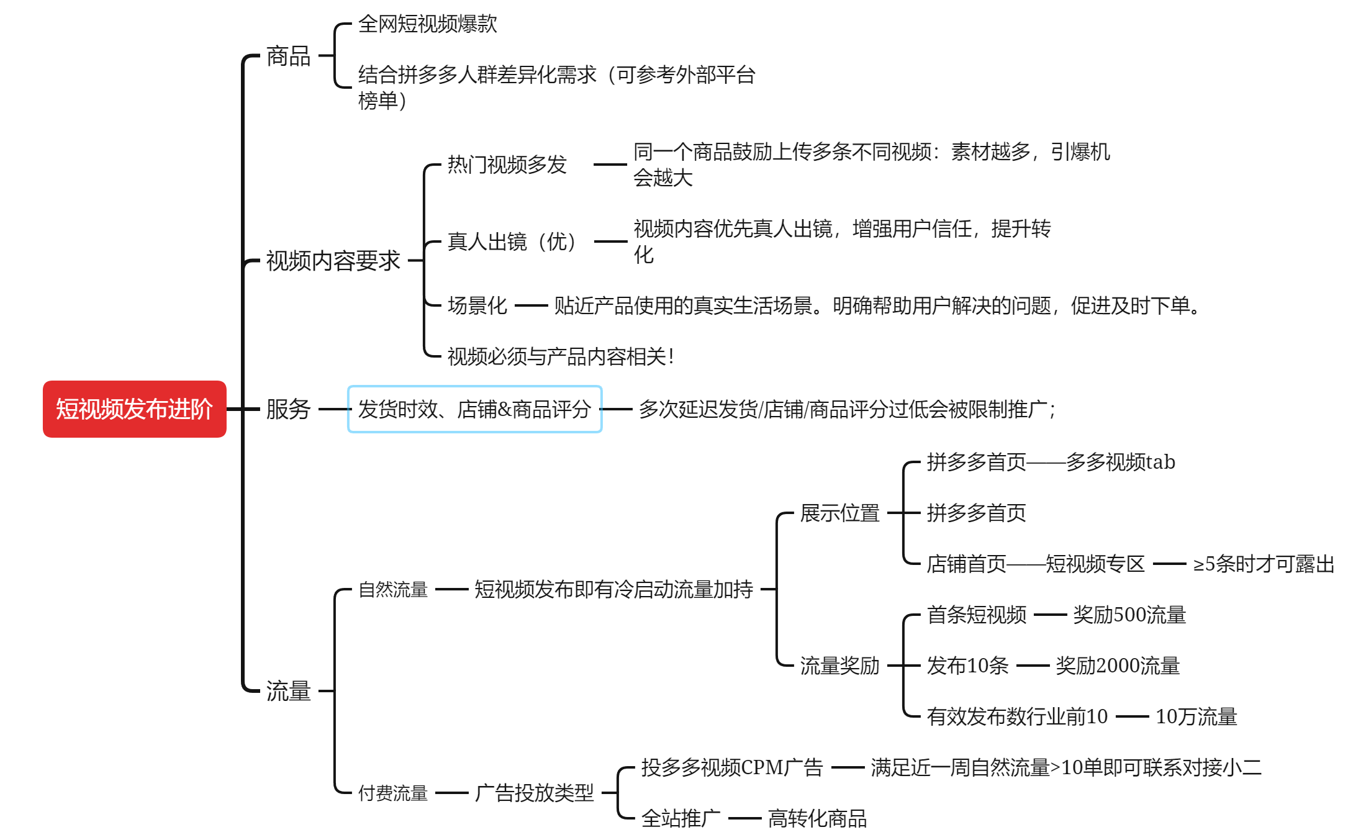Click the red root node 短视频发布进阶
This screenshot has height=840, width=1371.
135,409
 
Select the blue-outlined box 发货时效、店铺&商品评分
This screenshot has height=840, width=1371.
475,409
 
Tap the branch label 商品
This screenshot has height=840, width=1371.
288,56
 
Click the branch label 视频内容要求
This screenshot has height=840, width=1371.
333,261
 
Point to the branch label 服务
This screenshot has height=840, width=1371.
288,409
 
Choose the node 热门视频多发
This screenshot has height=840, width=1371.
507,165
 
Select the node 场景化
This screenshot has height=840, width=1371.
477,305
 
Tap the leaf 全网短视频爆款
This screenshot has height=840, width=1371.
428,24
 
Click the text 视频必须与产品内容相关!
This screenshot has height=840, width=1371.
561,356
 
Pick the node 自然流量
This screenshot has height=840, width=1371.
393,589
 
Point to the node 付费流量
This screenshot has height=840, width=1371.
393,793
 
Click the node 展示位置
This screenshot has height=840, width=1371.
840,513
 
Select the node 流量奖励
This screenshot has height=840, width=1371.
840,666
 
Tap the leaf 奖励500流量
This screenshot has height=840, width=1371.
1129,615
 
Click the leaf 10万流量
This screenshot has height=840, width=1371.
1197,716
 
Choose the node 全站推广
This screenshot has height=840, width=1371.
681,818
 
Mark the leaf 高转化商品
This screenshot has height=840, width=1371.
817,818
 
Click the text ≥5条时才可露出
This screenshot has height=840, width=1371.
1264,564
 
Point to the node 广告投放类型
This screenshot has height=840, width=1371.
535,793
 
